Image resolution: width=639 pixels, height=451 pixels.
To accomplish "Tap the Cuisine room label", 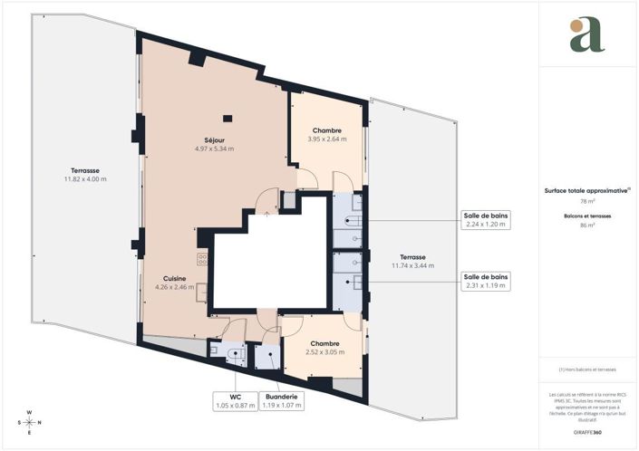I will pos(175,278).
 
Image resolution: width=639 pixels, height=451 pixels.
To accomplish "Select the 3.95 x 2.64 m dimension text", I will pos(327,139).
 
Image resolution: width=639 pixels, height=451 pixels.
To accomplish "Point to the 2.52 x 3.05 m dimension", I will pos(324,353).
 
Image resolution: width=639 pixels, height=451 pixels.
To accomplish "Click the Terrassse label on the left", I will pos(85,170).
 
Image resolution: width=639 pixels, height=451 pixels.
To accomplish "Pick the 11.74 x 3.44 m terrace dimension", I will pos(412,266).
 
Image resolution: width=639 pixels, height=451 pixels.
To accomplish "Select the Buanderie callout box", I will pos(282,401).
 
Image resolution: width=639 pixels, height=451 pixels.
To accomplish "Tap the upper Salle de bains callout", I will pos(486,220).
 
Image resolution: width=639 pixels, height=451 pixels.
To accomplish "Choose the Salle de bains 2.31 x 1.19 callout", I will pos(486,281).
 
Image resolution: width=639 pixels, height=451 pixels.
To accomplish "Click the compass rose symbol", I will pos(29,422).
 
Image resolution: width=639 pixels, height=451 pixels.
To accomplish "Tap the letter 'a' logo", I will pos(586,34).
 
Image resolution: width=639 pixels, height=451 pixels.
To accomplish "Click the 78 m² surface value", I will pos(586,201).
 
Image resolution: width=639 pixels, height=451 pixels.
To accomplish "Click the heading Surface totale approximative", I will pos(586,190).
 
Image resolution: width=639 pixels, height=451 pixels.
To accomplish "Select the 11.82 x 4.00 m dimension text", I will pos(85,179).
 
